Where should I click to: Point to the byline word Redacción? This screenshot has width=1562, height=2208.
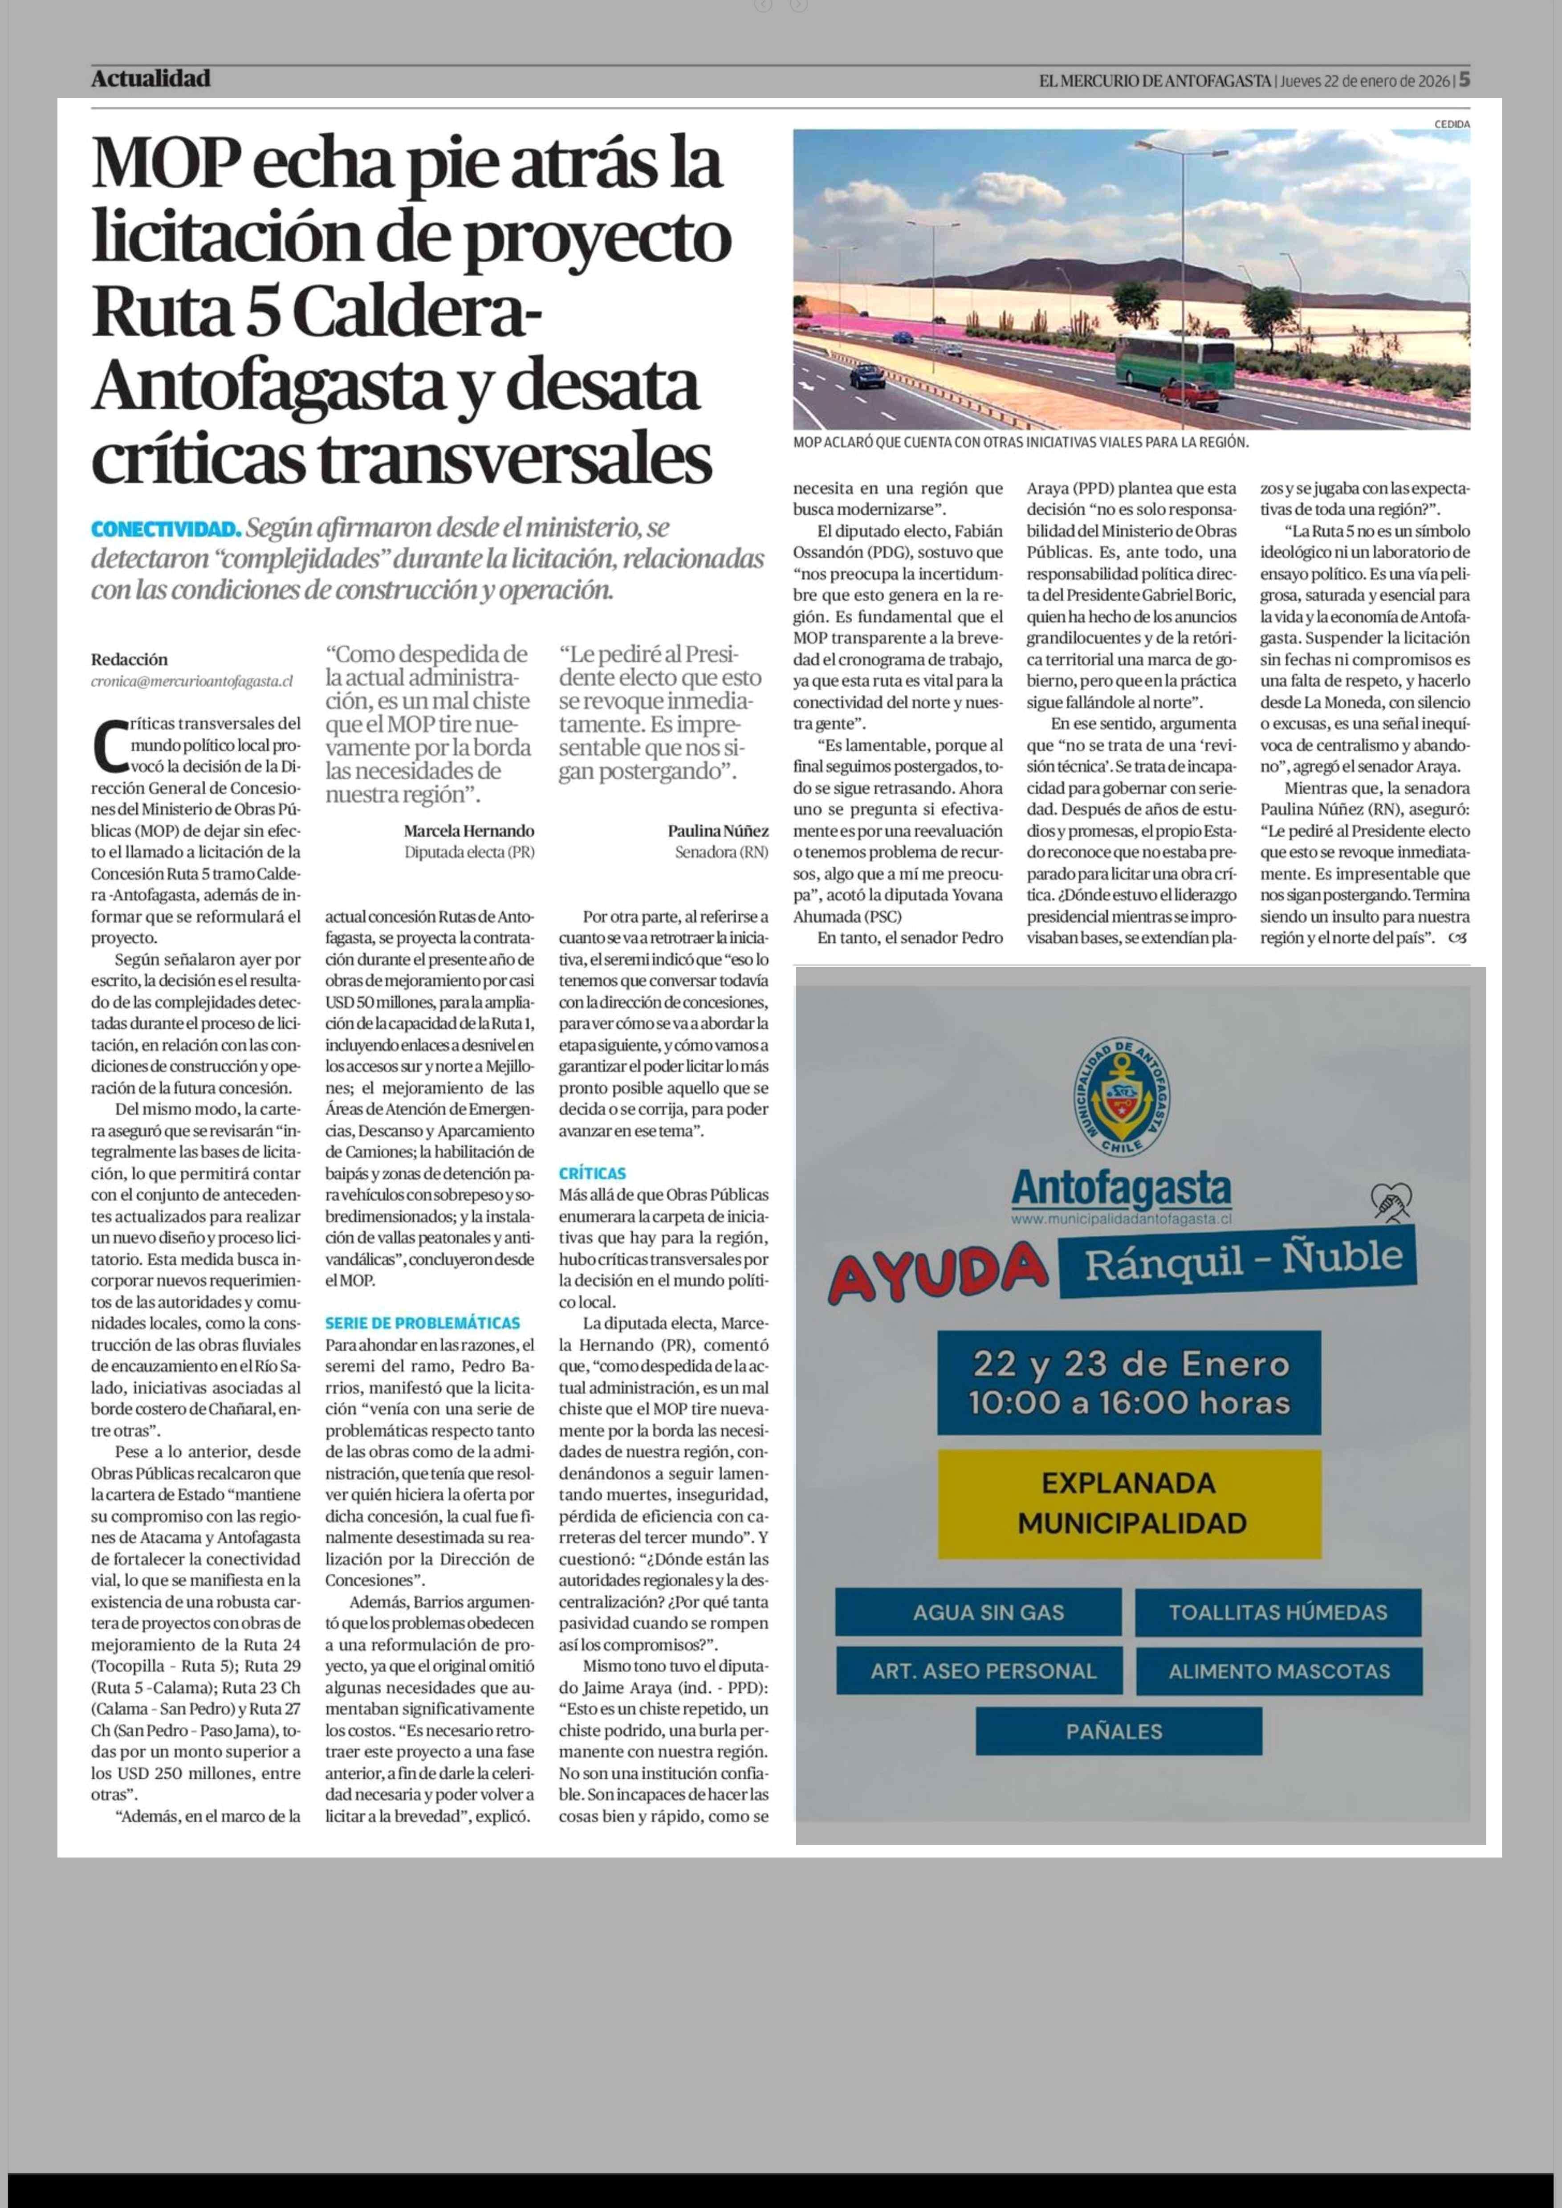click(129, 659)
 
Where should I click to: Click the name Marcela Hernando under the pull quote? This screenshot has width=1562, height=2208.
click(468, 830)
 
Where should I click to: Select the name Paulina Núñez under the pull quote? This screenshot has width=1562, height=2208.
click(717, 830)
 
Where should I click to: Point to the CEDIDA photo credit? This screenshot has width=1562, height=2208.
click(1452, 124)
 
